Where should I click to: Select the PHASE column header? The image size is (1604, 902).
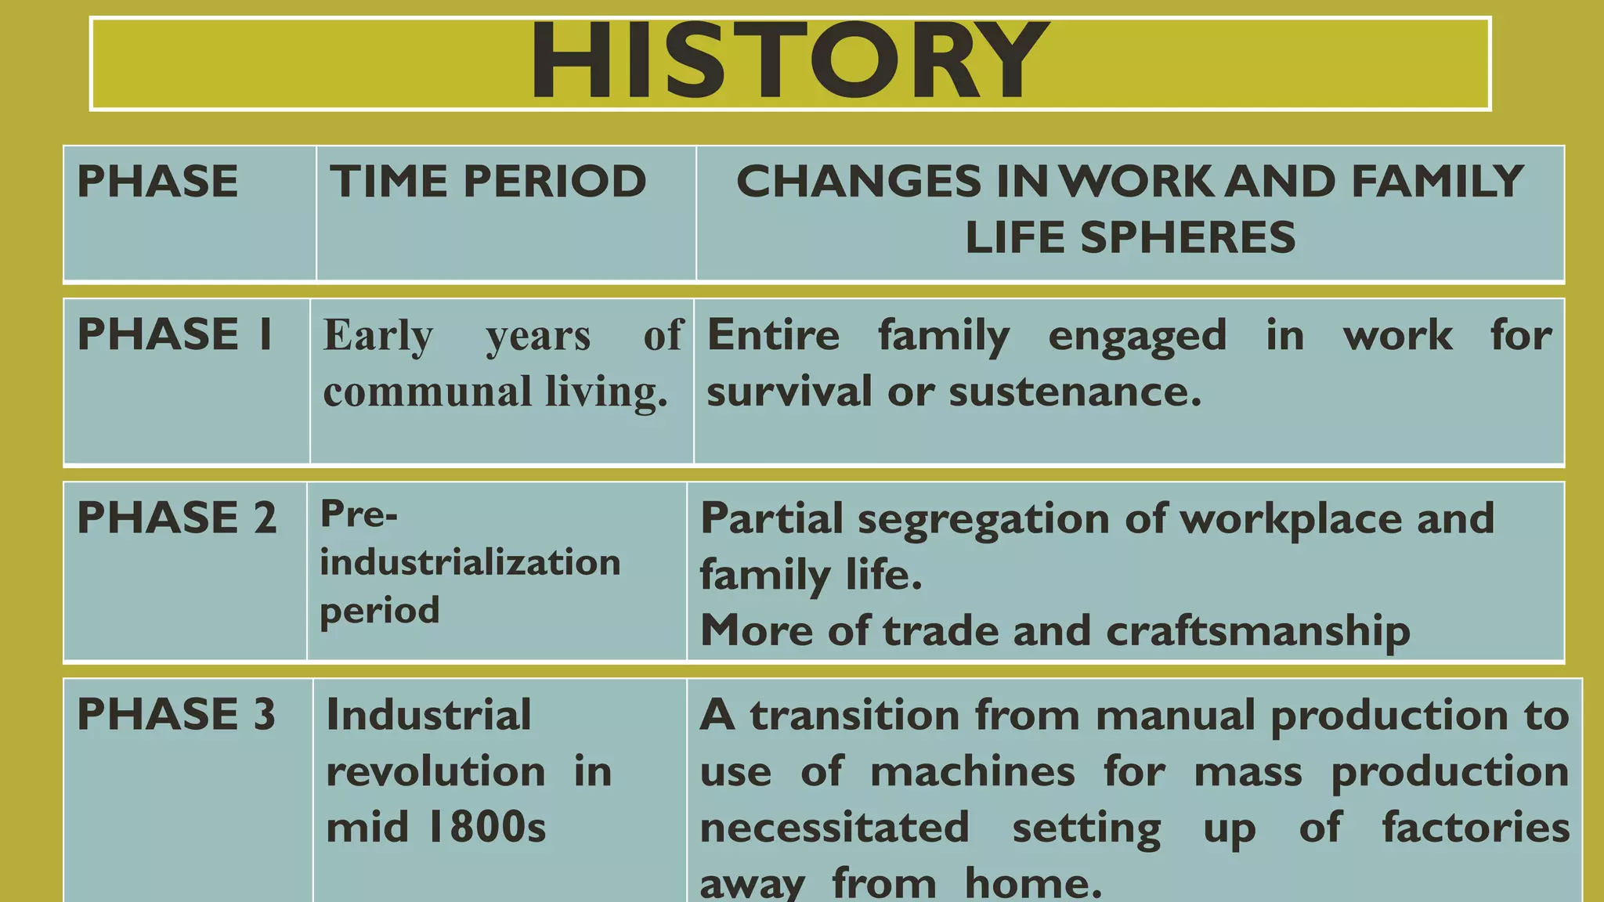pos(157,182)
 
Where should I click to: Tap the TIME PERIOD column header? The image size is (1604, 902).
pos(488,182)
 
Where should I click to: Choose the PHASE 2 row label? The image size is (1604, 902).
pos(177,518)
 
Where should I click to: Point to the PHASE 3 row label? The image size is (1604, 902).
pos(176,714)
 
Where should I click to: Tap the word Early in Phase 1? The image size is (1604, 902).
pos(378,336)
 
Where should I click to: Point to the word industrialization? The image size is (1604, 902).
pos(470,562)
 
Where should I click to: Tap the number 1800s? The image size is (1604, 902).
pos(486,828)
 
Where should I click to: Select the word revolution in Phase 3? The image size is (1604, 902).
pos(435,772)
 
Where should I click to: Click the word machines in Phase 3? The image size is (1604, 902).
pos(973,772)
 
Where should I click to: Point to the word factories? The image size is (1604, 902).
pos(1476,828)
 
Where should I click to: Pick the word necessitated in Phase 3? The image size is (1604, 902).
pos(834,828)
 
